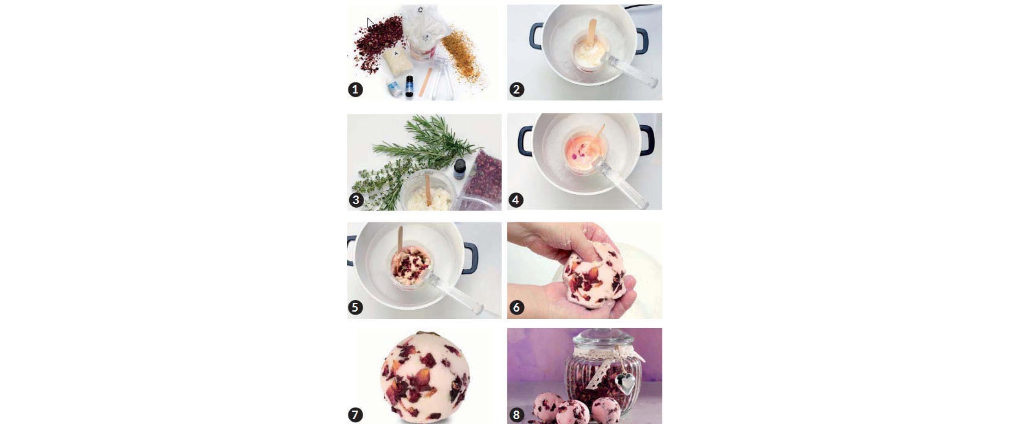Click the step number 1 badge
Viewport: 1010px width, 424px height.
(x=355, y=90)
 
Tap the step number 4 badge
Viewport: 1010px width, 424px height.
(x=516, y=200)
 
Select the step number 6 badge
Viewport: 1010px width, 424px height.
(x=516, y=307)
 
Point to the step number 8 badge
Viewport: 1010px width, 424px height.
(x=516, y=415)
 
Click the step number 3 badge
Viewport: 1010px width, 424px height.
(x=356, y=200)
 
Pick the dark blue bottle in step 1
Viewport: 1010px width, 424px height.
(x=409, y=86)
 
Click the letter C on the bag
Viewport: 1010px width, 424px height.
(x=420, y=10)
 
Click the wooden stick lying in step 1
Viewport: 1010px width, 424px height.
(x=425, y=82)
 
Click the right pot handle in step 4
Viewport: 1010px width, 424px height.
(x=647, y=141)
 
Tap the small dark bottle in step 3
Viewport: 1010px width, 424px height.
(x=459, y=169)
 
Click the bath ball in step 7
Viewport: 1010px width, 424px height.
(x=425, y=377)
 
